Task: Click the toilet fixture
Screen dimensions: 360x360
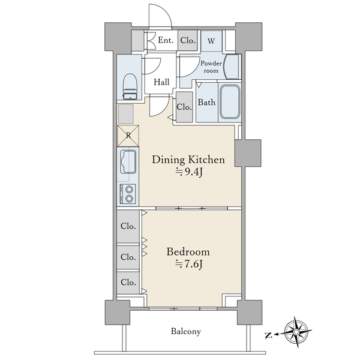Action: [x=130, y=86]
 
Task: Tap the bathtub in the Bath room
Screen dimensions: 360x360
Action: [x=230, y=101]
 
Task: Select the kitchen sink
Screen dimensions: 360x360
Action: [x=128, y=161]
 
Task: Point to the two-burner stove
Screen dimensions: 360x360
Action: [x=128, y=194]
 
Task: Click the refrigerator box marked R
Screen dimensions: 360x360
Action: [x=128, y=136]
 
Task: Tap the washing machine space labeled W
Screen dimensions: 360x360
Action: [x=211, y=41]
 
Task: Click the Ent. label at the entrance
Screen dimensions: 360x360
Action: [x=166, y=40]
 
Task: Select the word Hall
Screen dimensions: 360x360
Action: [x=161, y=82]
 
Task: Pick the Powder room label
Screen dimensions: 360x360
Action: [x=211, y=67]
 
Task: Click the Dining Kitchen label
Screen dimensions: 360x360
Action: [x=188, y=160]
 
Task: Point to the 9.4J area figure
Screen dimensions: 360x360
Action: [x=189, y=172]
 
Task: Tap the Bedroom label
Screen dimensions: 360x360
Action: [x=188, y=252]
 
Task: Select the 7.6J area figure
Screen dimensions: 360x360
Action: [x=189, y=264]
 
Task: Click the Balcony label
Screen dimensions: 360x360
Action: [x=186, y=331]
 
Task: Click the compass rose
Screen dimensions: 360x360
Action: [x=296, y=332]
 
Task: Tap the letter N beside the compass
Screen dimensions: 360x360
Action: [x=268, y=335]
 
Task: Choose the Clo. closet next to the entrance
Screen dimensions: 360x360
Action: [x=188, y=41]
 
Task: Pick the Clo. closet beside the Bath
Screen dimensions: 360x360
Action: [x=184, y=107]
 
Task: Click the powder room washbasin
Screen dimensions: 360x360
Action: [x=232, y=67]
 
